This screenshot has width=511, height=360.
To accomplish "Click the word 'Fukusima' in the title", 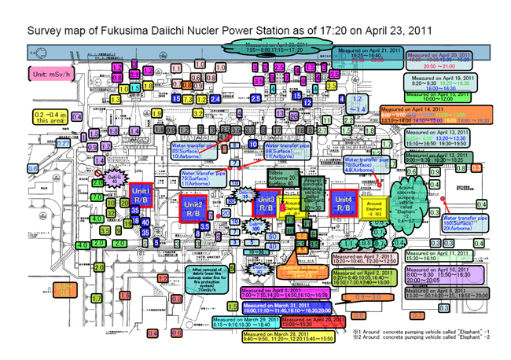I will point(115,31).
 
